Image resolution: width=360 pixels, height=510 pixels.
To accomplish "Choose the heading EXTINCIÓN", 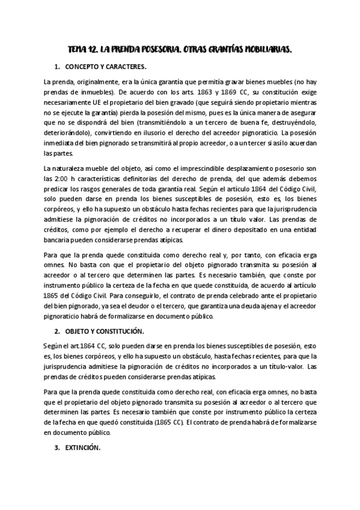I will tap(82, 448).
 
